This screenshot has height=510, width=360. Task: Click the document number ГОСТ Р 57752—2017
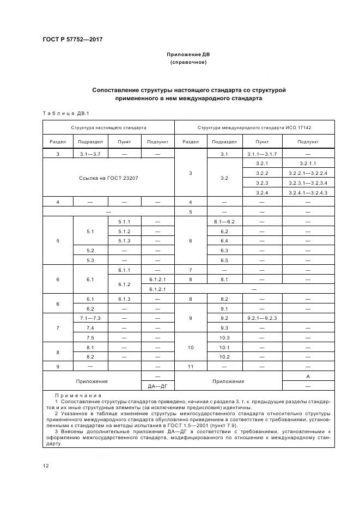72,40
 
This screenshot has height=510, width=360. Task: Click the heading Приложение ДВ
188,55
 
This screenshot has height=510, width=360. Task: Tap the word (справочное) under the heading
188,63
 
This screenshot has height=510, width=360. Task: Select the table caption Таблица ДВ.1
65,113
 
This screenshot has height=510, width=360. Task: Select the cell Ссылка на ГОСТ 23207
108,178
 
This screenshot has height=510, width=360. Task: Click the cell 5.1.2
124,231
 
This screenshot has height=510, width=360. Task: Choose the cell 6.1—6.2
224,221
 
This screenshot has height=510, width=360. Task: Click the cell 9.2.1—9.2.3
263,318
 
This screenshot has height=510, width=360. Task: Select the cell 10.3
224,337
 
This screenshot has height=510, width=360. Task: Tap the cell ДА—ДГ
157,386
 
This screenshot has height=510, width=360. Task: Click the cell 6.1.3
124,299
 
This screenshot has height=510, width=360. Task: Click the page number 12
46,465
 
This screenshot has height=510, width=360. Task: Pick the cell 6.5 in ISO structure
224,260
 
